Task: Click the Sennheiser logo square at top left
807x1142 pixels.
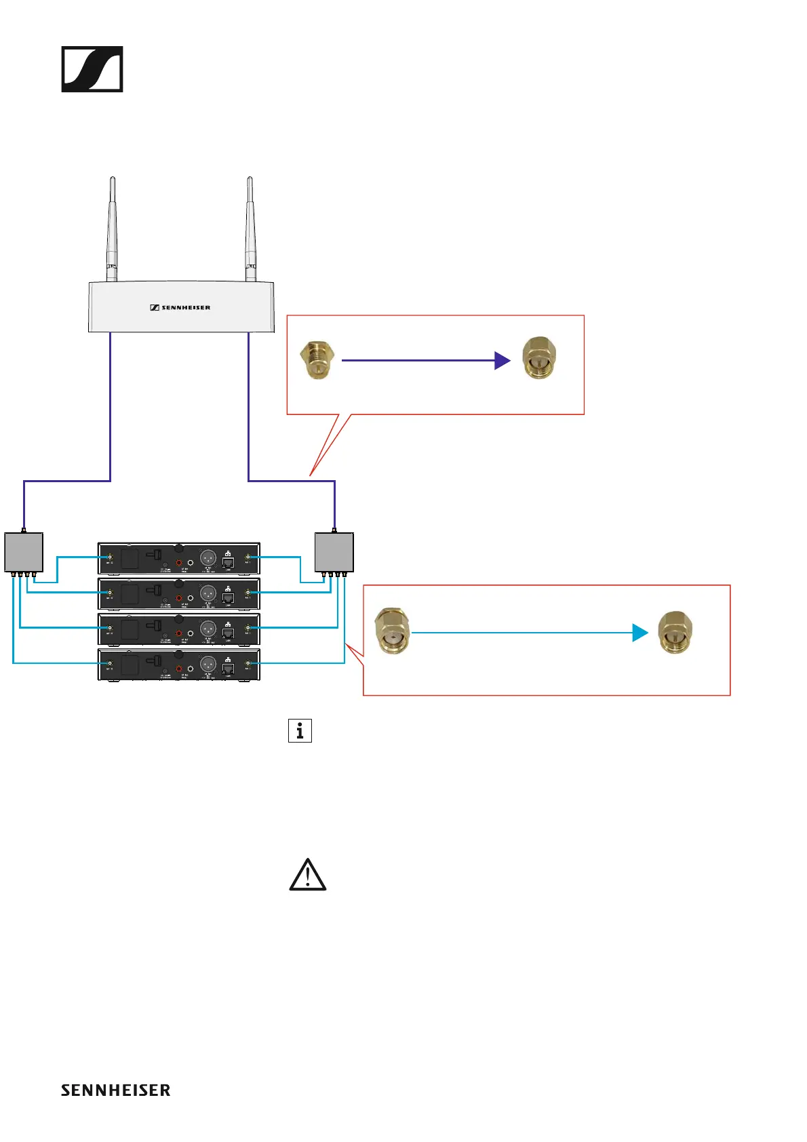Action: (92, 69)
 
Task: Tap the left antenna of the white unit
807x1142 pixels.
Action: (112, 231)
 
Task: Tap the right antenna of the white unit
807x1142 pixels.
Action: (250, 231)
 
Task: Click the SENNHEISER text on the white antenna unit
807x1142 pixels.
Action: (180, 308)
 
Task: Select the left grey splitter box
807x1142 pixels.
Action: (24, 552)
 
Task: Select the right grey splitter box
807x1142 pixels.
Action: (334, 552)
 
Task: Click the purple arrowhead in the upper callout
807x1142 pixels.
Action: (502, 361)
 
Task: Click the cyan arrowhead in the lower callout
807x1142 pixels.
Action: (639, 633)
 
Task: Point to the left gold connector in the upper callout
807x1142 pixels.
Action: (317, 359)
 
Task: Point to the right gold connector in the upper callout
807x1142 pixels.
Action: (539, 358)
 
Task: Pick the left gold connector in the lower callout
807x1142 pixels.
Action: (393, 631)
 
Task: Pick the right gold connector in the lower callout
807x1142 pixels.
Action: (675, 632)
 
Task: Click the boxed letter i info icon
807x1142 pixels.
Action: (300, 731)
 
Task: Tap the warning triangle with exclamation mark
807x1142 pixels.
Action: (308, 875)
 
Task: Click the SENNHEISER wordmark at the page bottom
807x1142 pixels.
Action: (116, 1090)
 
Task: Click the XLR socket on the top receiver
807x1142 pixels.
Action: (208, 557)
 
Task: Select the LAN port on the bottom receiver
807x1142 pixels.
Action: (229, 669)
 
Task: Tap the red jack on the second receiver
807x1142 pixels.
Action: (179, 597)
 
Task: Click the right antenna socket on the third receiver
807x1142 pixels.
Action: (248, 628)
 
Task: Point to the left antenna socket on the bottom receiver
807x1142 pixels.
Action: (110, 663)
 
